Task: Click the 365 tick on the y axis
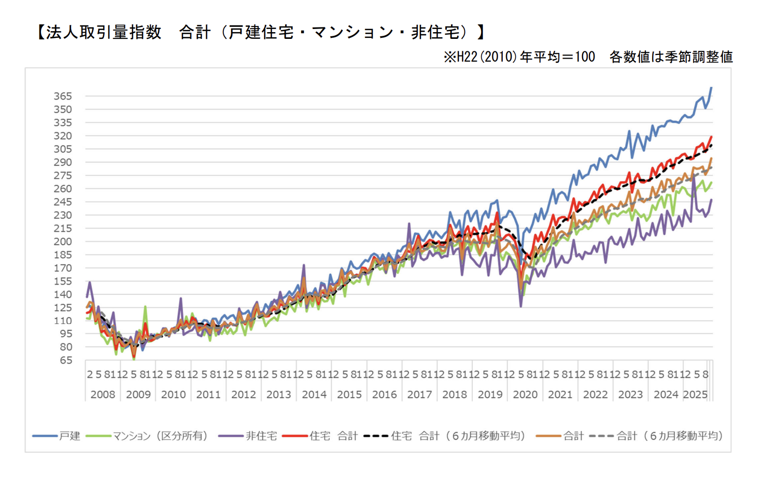[63, 96]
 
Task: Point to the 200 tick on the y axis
[63, 242]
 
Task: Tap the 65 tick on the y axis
[66, 360]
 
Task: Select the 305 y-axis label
[63, 149]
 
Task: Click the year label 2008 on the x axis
[103, 395]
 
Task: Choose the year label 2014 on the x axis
[314, 395]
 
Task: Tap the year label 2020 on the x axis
[525, 395]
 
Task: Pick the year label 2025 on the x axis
[695, 395]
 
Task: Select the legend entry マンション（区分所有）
[160, 436]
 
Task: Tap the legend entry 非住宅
[261, 436]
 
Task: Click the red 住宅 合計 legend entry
[333, 436]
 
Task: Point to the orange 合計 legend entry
[573, 436]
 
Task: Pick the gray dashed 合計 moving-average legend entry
[669, 436]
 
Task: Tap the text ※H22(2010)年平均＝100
[519, 57]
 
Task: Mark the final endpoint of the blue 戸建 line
[711, 88]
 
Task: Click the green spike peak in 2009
[145, 306]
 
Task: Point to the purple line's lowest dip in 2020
[521, 306]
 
